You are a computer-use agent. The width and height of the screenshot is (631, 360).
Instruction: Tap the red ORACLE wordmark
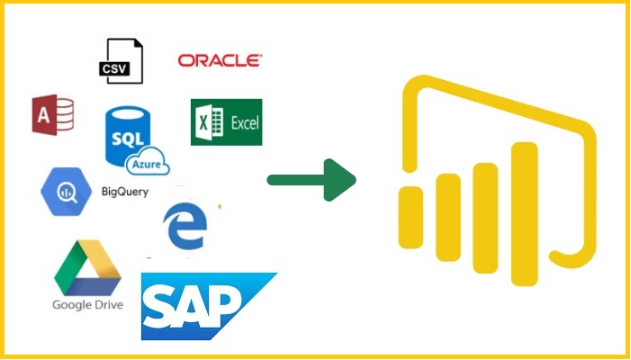click(221, 60)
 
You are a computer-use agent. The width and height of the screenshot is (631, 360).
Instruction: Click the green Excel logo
click(226, 122)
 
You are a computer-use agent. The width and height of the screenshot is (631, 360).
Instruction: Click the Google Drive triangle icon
click(86, 270)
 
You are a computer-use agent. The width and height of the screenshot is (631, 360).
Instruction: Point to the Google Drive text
click(87, 304)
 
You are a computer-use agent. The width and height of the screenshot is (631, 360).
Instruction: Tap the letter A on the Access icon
click(42, 116)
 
